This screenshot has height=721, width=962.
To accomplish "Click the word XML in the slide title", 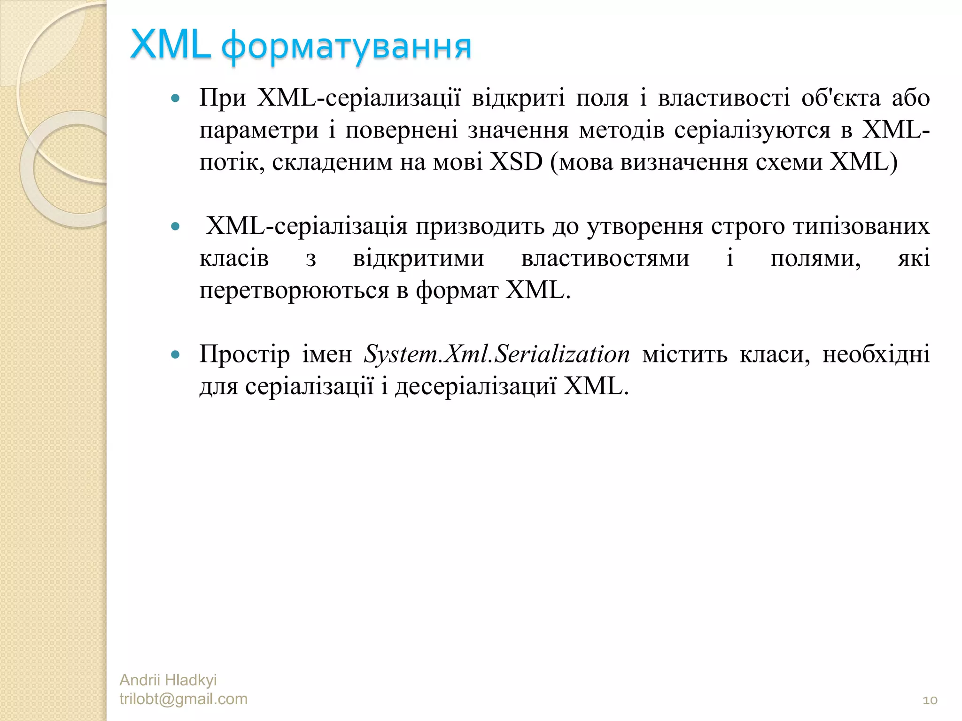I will coord(170,46).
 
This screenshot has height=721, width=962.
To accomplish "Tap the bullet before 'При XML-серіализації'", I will coord(176,99).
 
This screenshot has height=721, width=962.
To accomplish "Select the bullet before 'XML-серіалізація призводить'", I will coord(176,227).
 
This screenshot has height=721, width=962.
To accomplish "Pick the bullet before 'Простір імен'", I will coord(176,354).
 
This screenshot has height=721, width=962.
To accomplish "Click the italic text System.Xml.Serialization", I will coord(497,354).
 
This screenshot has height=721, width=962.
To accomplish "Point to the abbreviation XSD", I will coord(516,162).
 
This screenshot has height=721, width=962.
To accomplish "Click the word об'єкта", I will coord(840,99).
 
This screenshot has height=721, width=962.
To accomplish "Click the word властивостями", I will coord(605,259).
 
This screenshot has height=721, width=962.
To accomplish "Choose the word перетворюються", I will coord(294,291).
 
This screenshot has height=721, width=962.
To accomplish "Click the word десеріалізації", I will coord(475,387).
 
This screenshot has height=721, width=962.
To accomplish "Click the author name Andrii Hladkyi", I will coord(168,680).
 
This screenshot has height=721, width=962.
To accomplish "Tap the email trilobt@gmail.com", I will coord(183,699).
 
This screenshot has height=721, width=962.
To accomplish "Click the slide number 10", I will coord(930,700).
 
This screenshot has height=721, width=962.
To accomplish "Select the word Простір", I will coord(245,354).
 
